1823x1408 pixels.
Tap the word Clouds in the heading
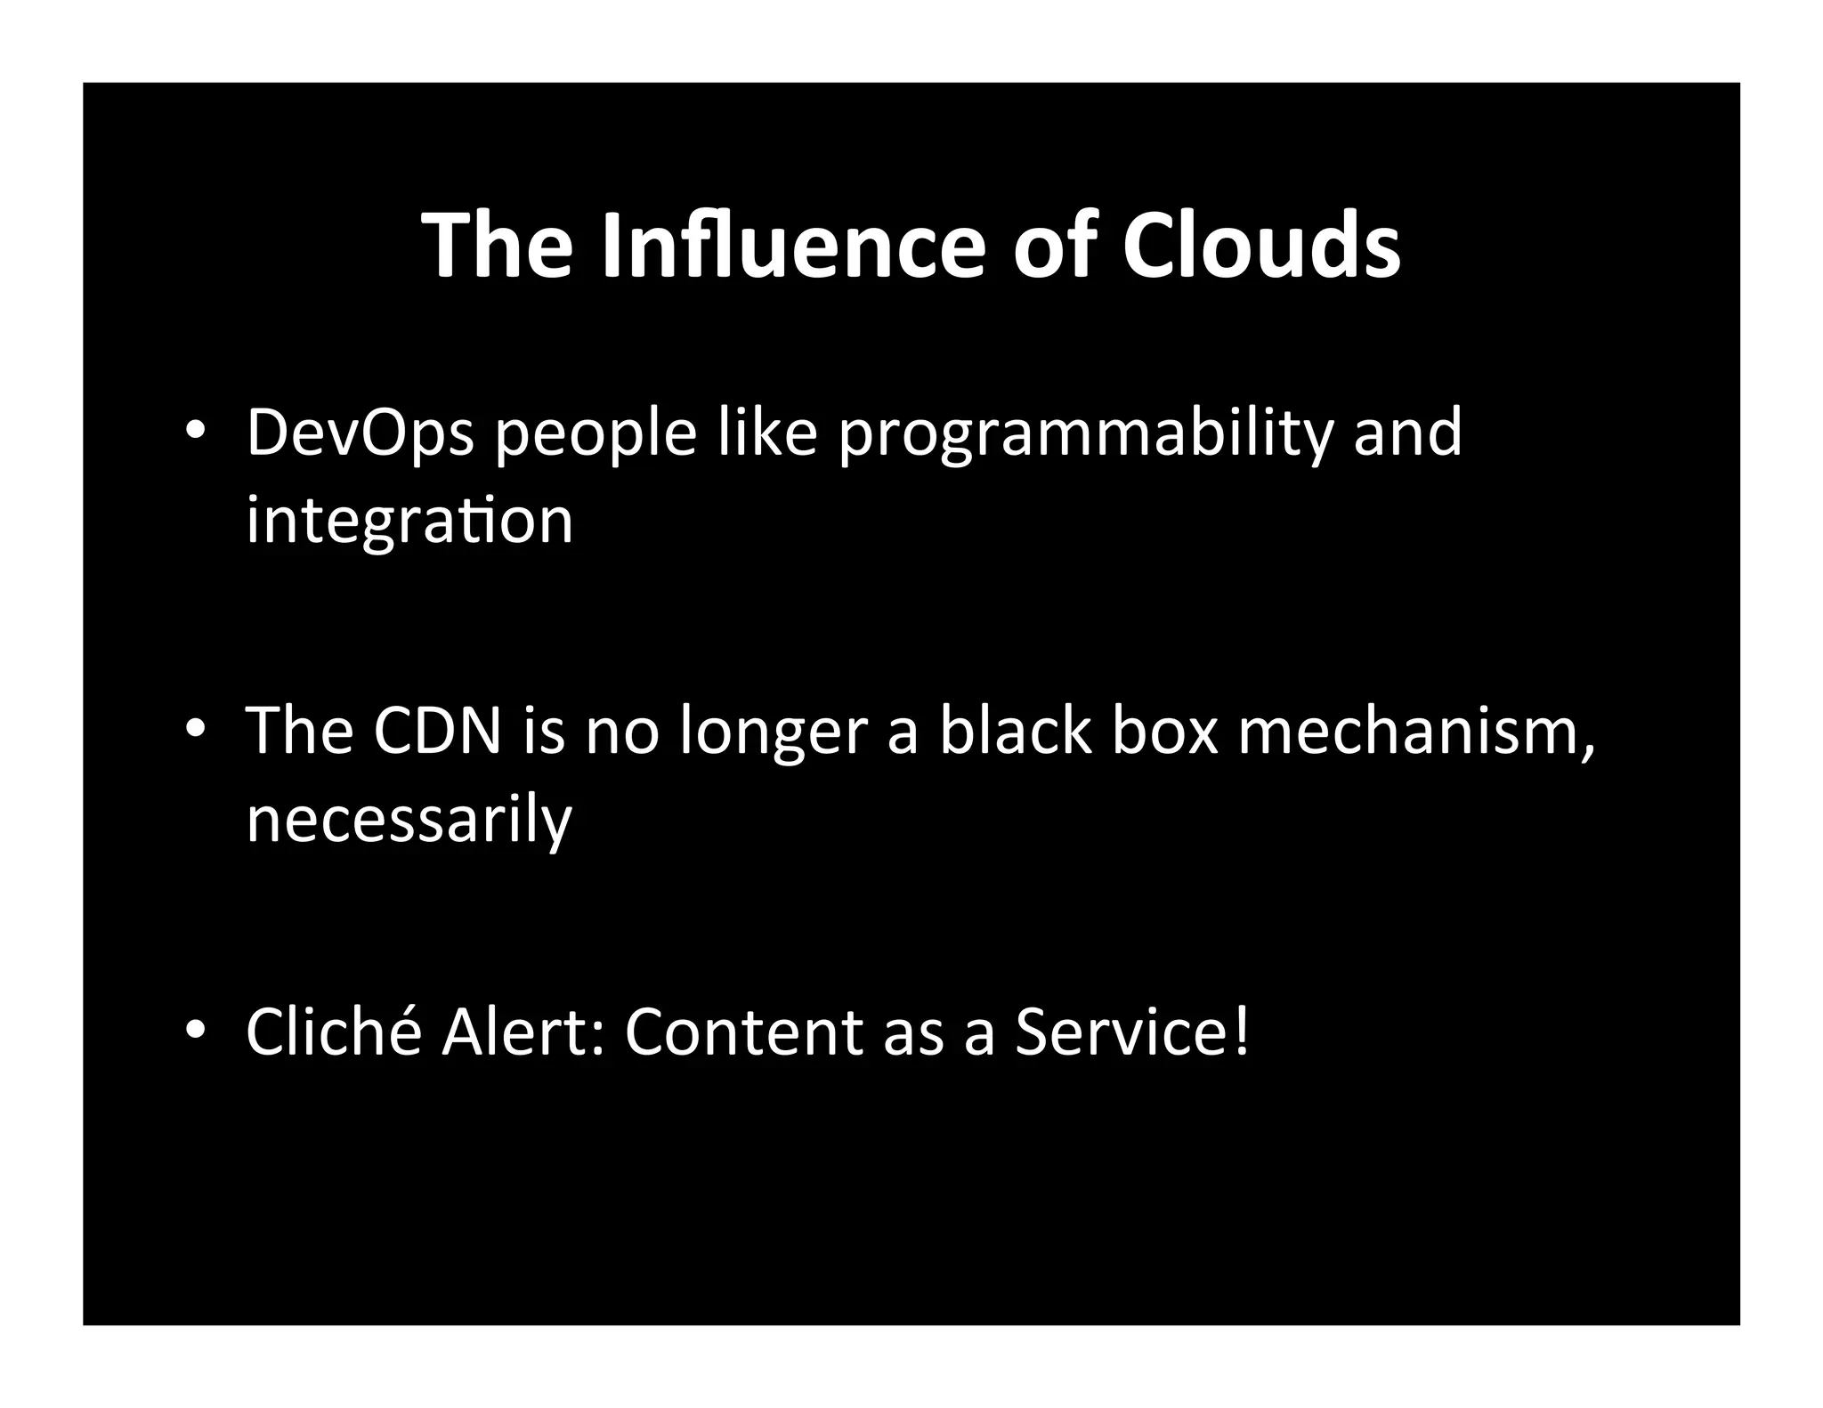(x=1260, y=246)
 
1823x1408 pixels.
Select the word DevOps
(x=360, y=433)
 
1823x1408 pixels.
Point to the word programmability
(x=1086, y=433)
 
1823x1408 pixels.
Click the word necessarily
(x=409, y=820)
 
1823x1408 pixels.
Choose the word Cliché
(x=334, y=1032)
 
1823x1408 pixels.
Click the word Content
(x=744, y=1032)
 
